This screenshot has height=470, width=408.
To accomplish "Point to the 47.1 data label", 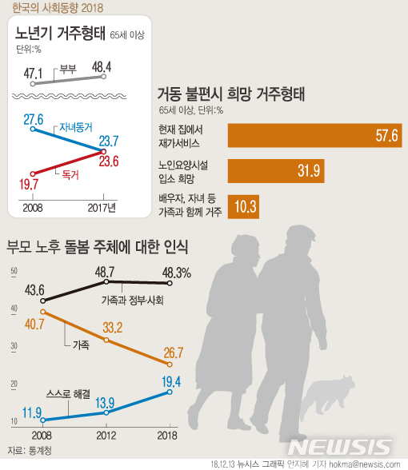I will coord(33,74).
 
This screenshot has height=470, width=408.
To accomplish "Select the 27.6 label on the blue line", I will coord(33,119).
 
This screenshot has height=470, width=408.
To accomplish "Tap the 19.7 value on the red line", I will coord(30,185).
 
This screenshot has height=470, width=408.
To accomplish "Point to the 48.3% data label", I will coord(176,272).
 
